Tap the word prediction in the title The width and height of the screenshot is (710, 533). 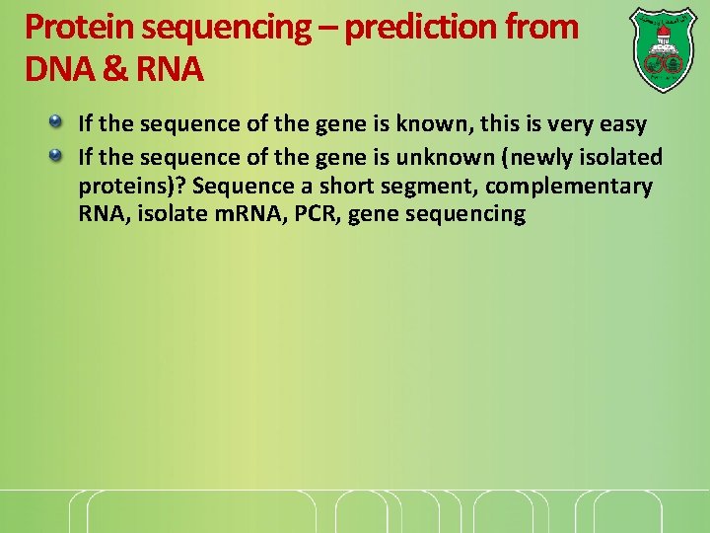428,27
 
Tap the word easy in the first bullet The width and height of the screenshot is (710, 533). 623,125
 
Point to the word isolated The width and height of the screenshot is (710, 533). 621,157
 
